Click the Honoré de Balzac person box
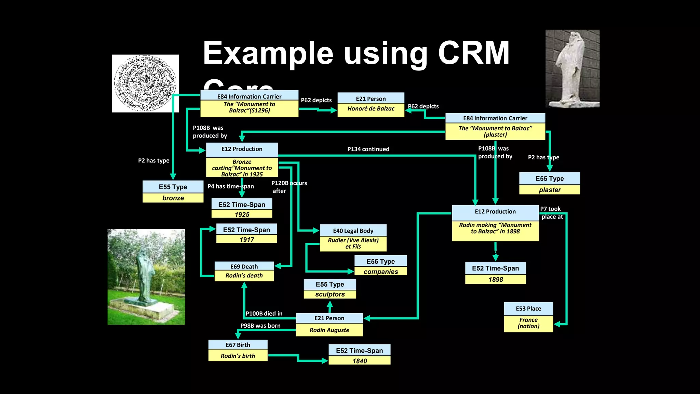pos(371,105)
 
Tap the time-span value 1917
pos(247,239)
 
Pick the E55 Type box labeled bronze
pos(173,192)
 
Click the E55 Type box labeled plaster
pos(550,184)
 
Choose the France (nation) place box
pos(528,317)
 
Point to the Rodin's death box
pos(244,272)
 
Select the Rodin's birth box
pos(238,351)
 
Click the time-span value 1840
pos(360,361)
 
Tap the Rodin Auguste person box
pos(329,325)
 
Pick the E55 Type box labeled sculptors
pos(330,289)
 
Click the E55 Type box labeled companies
pos(381,266)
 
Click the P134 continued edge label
pos(368,149)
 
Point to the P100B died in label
pos(264,313)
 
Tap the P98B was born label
pos(260,326)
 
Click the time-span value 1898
pos(496,279)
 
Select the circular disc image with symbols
pos(145,83)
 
